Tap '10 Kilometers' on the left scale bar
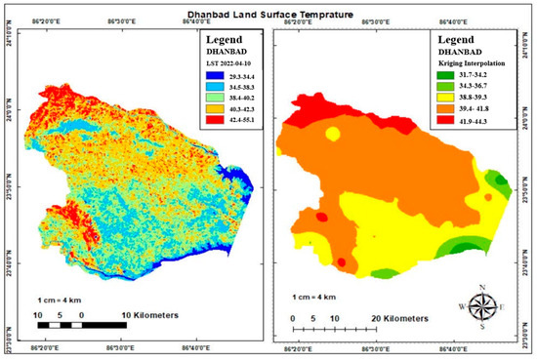pyautogui.click(x=143, y=315)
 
